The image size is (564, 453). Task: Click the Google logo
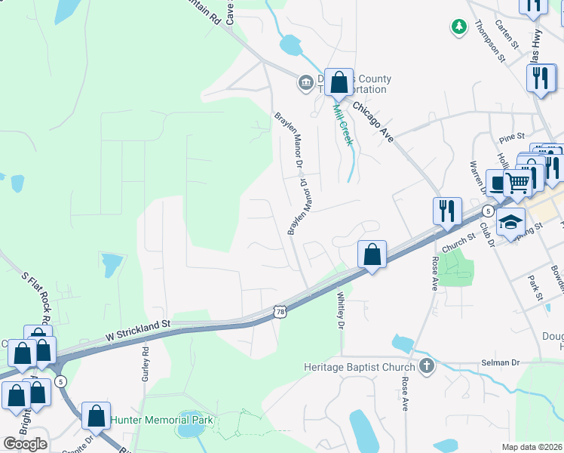25,444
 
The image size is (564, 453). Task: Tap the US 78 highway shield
280,311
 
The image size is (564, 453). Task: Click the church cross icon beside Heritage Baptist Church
427,367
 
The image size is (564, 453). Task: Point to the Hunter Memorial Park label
162,420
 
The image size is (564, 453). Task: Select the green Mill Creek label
343,125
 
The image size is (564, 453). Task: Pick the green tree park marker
458,27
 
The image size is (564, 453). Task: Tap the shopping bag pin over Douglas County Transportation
339,83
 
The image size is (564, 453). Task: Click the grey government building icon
305,82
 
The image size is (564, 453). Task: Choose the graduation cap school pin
510,223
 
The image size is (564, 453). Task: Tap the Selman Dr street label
501,363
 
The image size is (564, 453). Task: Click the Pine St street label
511,139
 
